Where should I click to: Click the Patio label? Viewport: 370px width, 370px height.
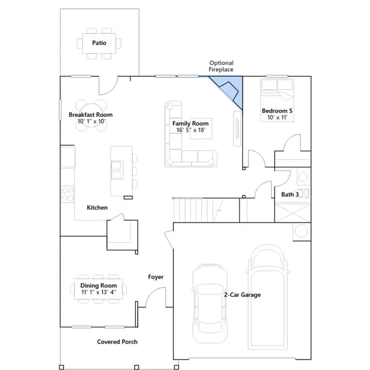point(99,43)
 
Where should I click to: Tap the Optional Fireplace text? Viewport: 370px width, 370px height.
point(221,66)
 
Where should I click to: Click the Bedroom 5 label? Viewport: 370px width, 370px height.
point(277,110)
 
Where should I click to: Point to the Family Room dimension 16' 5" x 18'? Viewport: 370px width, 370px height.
point(191,130)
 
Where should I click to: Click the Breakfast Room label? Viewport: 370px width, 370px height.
point(91,114)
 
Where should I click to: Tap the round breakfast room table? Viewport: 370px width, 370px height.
point(91,115)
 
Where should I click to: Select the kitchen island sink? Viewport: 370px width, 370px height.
point(117,170)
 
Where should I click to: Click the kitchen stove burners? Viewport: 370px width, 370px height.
point(68,194)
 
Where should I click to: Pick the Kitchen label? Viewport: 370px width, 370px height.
point(97,208)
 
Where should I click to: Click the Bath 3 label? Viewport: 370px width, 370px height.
point(290,194)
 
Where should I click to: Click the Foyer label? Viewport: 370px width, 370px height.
point(156,277)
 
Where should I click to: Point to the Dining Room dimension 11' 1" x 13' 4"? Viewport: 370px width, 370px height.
point(99,292)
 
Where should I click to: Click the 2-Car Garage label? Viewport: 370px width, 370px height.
point(242,295)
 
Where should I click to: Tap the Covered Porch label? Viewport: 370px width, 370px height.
point(117,342)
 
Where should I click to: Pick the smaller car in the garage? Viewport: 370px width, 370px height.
point(210,303)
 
